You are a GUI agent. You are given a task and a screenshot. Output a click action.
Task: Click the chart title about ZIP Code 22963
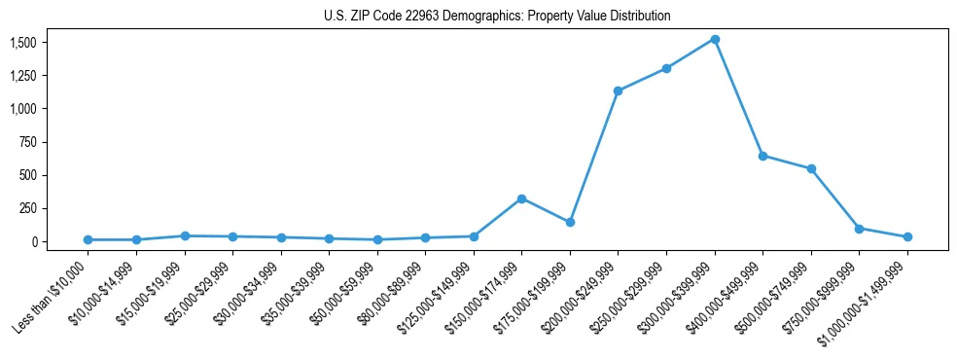497,17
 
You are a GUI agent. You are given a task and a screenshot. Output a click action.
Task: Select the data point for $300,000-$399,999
715,39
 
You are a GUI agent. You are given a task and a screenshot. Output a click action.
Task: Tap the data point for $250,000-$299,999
666,68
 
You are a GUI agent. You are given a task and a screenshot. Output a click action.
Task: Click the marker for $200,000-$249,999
618,90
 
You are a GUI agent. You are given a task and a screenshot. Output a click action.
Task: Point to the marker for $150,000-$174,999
522,198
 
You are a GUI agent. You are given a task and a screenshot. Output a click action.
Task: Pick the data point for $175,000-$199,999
570,222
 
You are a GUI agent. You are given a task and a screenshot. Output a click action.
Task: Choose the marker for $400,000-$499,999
762,156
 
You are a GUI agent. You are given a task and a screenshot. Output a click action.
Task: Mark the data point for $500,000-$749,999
811,168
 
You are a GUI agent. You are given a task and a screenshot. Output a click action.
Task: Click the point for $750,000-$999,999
859,229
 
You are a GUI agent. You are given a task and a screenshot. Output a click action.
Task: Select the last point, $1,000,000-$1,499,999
907,236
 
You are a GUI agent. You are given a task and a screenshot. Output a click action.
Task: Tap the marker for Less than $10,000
88,239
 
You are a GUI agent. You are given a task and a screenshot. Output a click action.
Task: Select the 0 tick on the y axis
33,241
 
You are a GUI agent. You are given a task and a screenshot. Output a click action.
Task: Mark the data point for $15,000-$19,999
184,235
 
